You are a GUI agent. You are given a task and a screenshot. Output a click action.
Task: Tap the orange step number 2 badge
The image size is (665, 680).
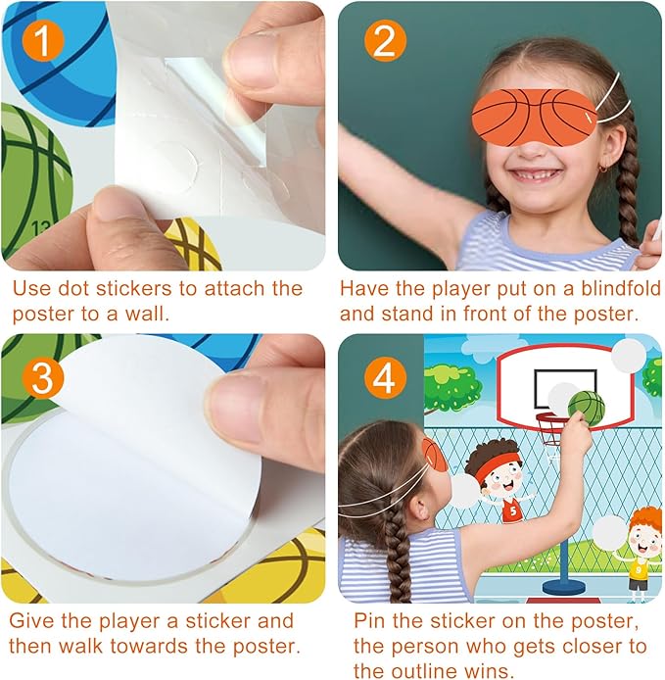tap(383, 42)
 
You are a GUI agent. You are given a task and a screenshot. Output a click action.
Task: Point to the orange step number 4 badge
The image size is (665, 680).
tap(383, 378)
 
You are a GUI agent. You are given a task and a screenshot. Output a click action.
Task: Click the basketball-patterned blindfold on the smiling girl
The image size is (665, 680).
tap(535, 114)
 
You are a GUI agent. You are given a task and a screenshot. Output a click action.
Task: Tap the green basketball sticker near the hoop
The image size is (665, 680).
tap(587, 408)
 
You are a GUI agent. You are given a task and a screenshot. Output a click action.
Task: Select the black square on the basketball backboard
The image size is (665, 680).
tap(566, 390)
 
